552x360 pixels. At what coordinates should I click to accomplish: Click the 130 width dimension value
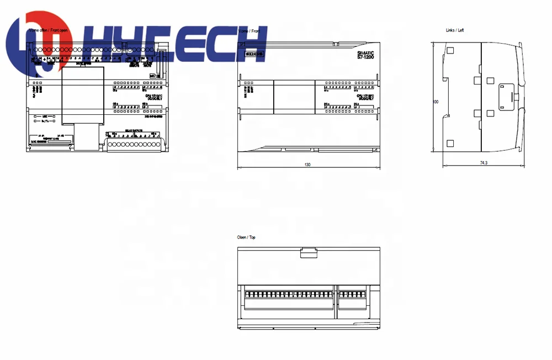coord(307,164)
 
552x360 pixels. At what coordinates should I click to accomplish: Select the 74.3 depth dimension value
coord(484,163)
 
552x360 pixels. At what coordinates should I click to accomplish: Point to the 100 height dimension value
coord(436,102)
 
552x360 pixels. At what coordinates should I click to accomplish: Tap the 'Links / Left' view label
coord(455,30)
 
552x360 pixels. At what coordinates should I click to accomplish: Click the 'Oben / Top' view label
coord(246,237)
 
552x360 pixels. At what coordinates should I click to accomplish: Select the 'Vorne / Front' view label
coord(249,31)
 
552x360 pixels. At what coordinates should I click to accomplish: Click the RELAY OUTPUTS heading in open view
coord(134,130)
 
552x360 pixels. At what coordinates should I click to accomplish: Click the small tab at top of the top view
coord(309,253)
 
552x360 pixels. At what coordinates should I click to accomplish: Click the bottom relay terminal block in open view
coord(134,144)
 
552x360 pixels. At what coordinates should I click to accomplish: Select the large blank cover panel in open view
coord(82,94)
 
